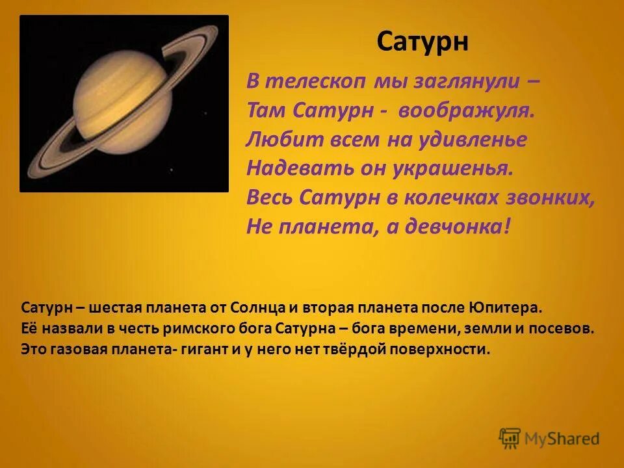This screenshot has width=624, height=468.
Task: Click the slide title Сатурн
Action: (422, 43)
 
